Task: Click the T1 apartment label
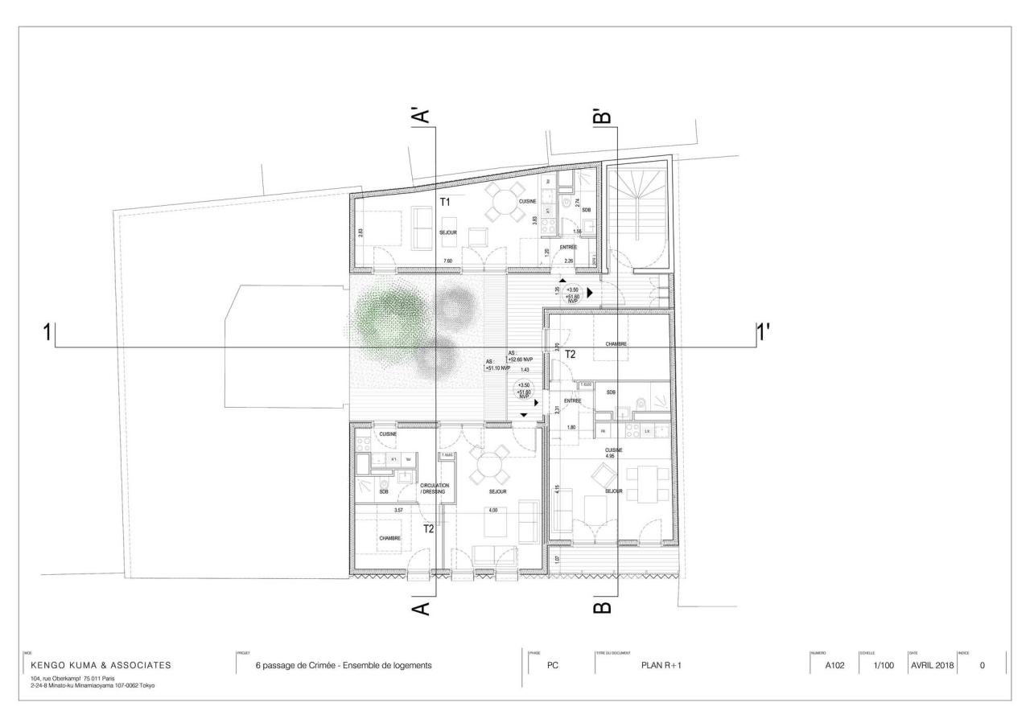[x=445, y=201]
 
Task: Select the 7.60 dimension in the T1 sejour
[x=447, y=261]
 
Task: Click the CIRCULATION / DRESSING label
[x=435, y=488]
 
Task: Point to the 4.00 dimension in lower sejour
[x=492, y=510]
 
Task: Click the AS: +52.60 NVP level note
[x=521, y=356]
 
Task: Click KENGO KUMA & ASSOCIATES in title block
[x=101, y=665]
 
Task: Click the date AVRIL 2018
[x=931, y=665]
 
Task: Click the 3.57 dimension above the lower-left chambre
[x=398, y=510]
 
